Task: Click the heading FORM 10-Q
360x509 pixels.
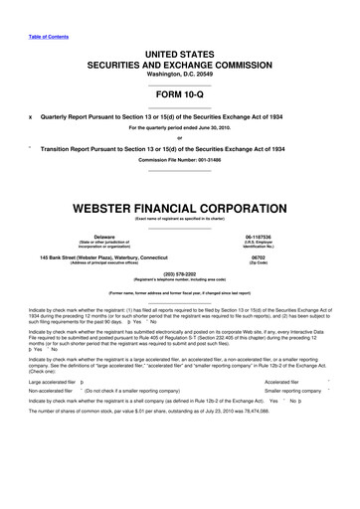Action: (x=179, y=84)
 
